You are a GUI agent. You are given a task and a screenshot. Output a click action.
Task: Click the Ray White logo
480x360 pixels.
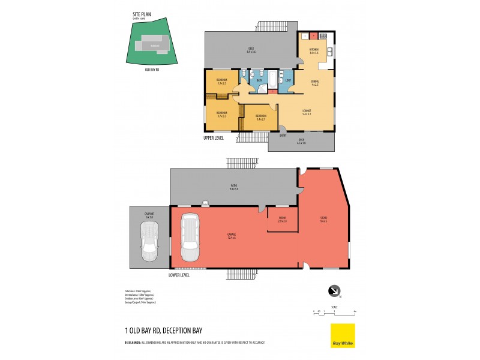[343, 335]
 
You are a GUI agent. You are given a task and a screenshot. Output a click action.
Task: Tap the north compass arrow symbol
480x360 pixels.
[332, 291]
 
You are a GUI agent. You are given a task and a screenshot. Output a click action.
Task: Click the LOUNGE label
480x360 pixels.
[307, 111]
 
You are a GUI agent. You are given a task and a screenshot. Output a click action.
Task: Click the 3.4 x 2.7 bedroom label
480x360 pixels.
[261, 117]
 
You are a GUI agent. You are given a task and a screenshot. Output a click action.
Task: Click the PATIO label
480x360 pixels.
[233, 186]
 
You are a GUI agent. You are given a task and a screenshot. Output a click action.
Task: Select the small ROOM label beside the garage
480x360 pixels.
[282, 218]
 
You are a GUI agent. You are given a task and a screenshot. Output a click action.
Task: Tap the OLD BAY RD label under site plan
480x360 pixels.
[152, 69]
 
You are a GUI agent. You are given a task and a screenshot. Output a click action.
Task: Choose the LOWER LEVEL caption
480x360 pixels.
[179, 275]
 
